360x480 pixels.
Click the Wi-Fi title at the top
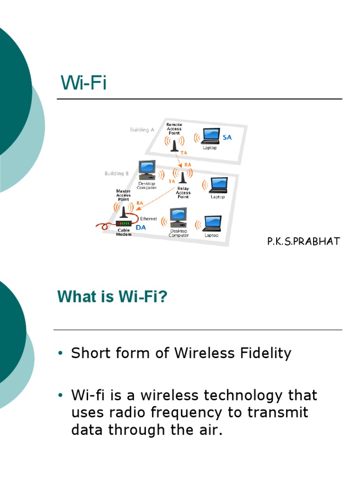(83, 83)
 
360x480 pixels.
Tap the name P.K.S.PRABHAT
(303, 241)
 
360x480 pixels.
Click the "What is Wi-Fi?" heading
(112, 297)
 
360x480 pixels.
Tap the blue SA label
(227, 137)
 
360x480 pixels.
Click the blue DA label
(141, 227)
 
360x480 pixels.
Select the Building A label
(142, 130)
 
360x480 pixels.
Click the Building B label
(117, 173)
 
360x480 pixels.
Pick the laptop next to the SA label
(210, 136)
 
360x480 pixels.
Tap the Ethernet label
(149, 218)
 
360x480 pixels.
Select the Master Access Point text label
(123, 195)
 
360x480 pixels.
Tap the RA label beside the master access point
(139, 203)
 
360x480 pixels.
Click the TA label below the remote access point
(184, 153)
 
